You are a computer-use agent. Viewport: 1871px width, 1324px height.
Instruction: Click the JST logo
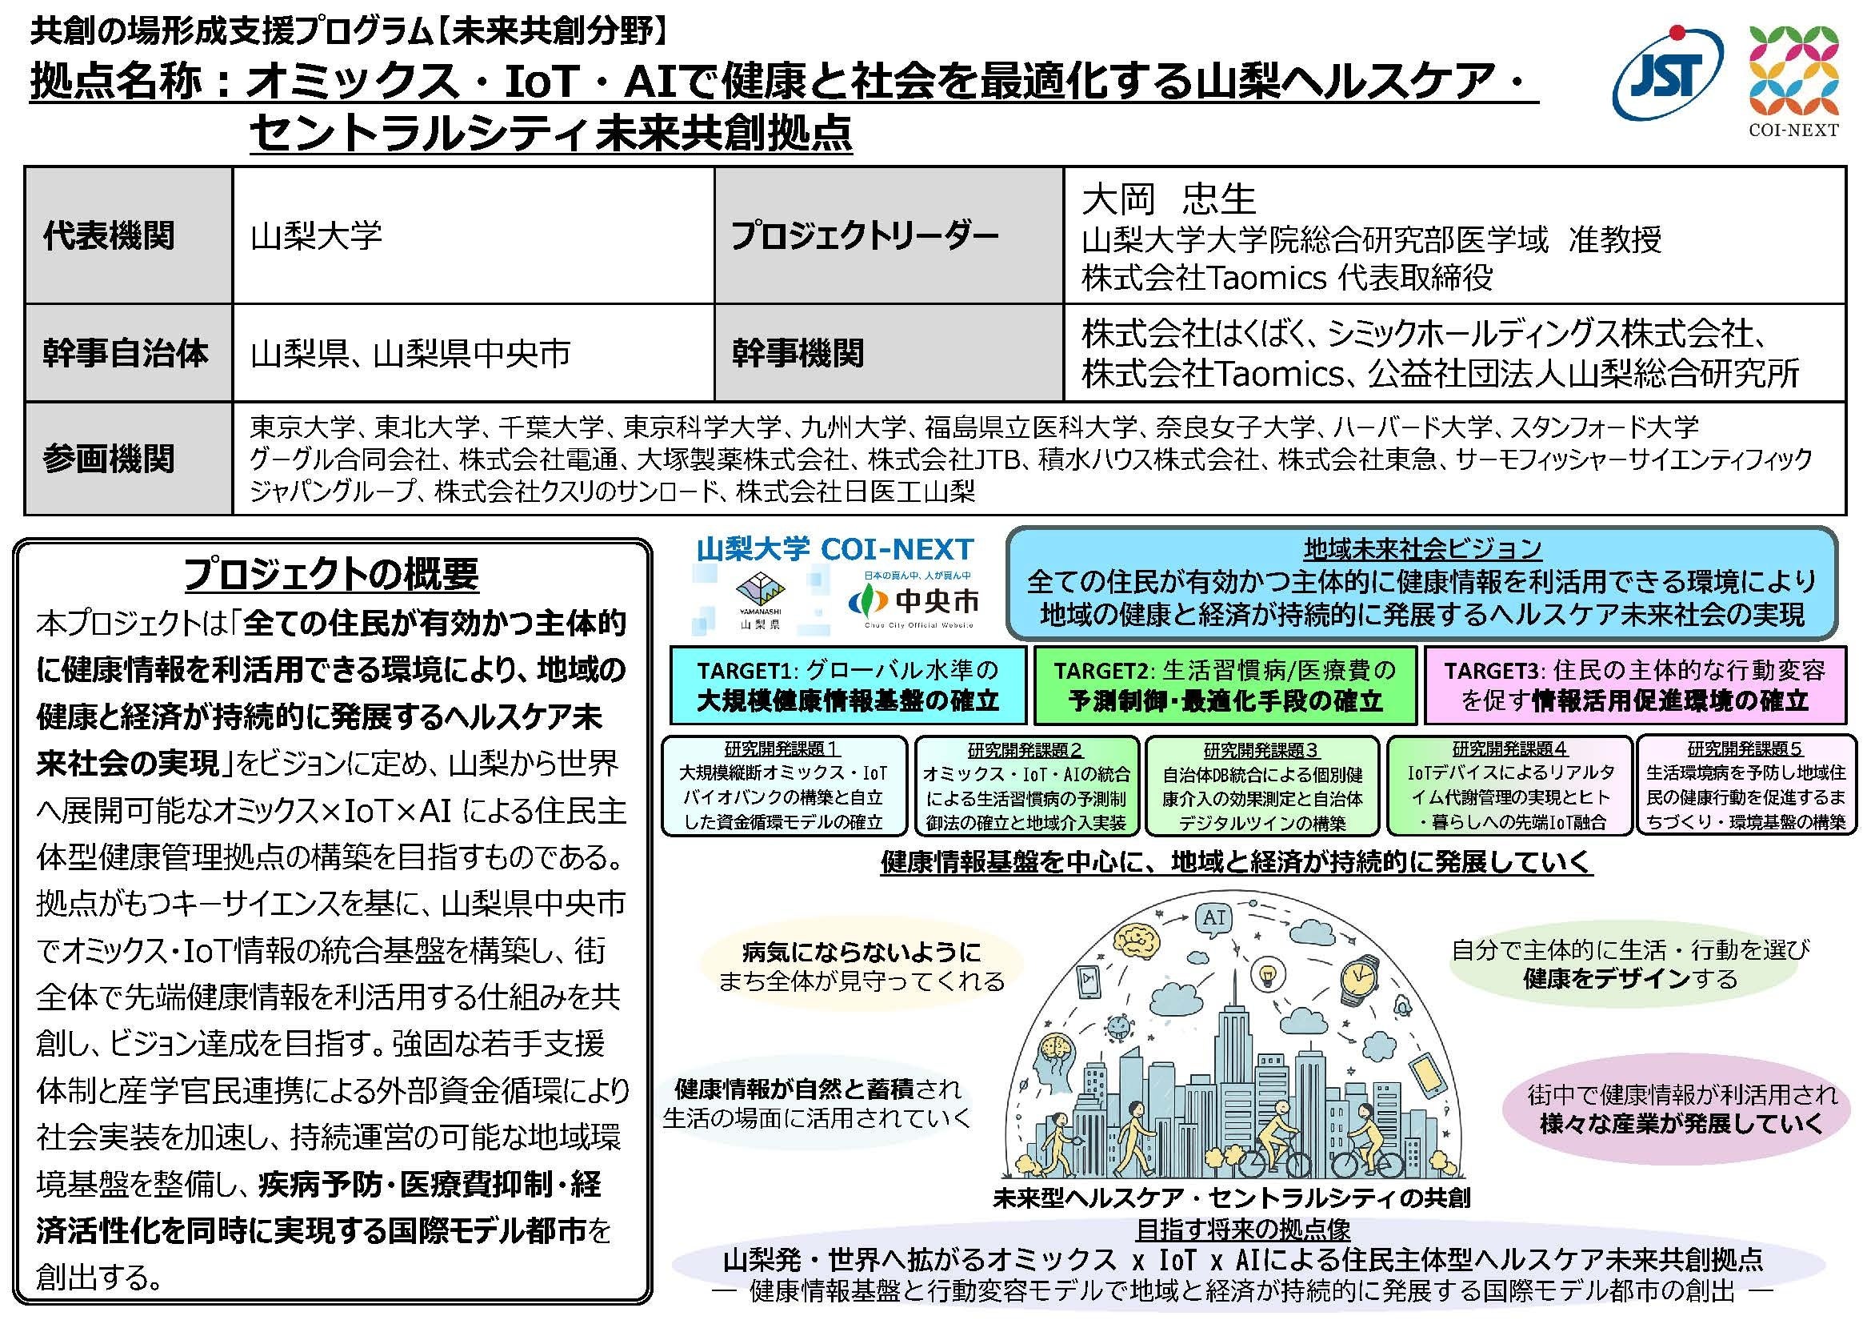pos(1666,78)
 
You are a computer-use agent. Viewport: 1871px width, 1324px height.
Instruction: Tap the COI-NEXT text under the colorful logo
pos(1793,129)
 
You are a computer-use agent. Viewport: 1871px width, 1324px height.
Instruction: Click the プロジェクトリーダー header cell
pos(864,235)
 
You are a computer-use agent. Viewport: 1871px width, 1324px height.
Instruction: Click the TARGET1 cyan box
pos(847,685)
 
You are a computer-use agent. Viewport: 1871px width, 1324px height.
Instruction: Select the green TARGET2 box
pos(1225,685)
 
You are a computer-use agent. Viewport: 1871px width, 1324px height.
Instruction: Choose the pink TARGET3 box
pos(1634,685)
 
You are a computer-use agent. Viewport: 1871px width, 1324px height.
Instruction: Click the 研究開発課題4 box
pos(1509,786)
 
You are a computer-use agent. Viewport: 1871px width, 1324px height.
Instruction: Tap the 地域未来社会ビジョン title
pos(1422,548)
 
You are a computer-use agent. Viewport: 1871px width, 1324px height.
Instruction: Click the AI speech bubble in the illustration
pos(1214,918)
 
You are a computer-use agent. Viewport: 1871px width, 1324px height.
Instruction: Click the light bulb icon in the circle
pos(1267,974)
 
